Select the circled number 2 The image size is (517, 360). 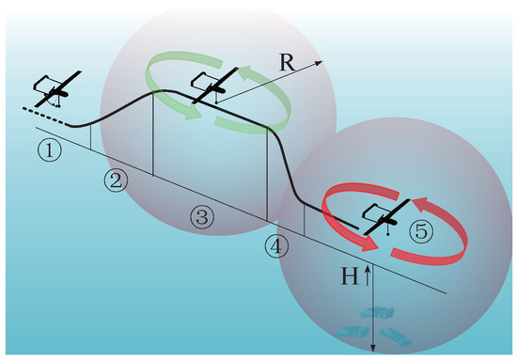click(117, 181)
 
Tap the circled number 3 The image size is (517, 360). click(203, 216)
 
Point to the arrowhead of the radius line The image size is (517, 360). click(319, 62)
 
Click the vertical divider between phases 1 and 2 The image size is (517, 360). click(90, 136)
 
